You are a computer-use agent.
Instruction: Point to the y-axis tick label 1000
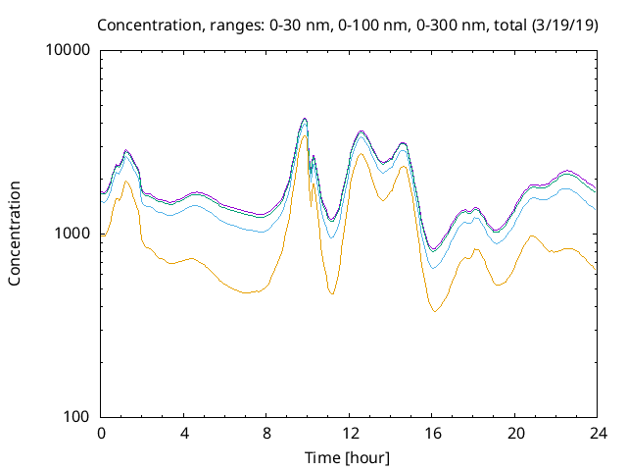(x=75, y=234)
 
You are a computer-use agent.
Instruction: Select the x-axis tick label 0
(x=101, y=433)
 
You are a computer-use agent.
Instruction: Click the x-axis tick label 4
(x=184, y=433)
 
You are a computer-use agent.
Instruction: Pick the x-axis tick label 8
(x=266, y=433)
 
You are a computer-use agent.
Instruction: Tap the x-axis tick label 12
(x=349, y=433)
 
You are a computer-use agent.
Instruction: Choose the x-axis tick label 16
(x=431, y=433)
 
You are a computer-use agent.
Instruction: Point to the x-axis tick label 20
(x=514, y=433)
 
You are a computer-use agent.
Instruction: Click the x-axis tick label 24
(x=597, y=433)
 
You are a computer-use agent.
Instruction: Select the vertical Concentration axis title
(x=15, y=234)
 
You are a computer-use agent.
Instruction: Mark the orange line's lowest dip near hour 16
(x=435, y=311)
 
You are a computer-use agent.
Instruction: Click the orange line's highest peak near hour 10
(x=305, y=134)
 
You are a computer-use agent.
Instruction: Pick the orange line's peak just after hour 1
(x=126, y=182)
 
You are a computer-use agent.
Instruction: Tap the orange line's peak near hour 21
(x=532, y=235)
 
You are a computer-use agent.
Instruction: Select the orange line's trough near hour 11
(x=332, y=294)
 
